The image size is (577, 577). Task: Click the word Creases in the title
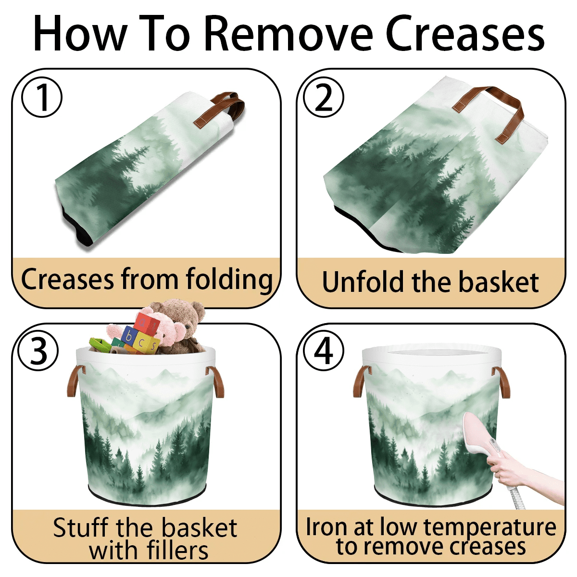tap(464, 34)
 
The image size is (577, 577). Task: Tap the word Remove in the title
tap(289, 34)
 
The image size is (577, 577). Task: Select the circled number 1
tap(42, 97)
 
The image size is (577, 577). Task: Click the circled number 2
tap(324, 97)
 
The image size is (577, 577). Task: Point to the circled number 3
tap(38, 350)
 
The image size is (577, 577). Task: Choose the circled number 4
tap(324, 350)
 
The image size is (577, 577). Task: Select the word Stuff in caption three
tap(81, 527)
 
